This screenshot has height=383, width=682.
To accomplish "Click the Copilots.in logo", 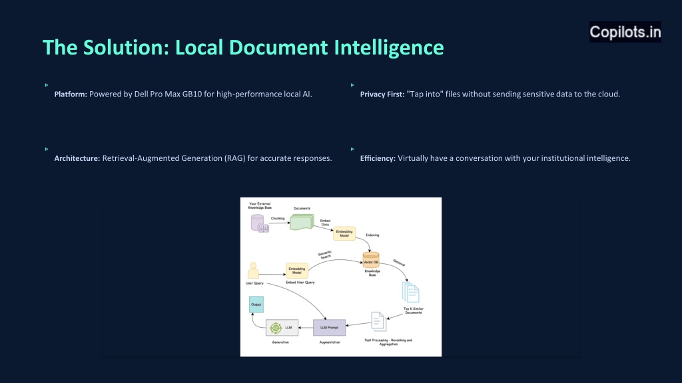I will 625,32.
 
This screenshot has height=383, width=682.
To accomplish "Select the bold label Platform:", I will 71,94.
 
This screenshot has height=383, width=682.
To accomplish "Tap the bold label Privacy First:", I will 382,94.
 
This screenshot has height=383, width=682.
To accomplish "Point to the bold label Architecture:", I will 77,158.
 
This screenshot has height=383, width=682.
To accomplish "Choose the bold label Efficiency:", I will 378,158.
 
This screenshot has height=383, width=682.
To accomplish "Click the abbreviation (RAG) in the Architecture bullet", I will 234,158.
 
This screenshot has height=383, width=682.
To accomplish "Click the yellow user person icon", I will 253,271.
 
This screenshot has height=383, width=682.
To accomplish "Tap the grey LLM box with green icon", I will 281,327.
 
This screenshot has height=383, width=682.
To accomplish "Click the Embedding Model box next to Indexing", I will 345,233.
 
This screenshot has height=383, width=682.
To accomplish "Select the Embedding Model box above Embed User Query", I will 296,271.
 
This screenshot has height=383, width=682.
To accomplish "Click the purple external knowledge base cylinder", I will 258,224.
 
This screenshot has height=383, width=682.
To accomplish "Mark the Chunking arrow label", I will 278,219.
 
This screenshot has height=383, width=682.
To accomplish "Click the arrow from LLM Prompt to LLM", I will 306,327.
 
